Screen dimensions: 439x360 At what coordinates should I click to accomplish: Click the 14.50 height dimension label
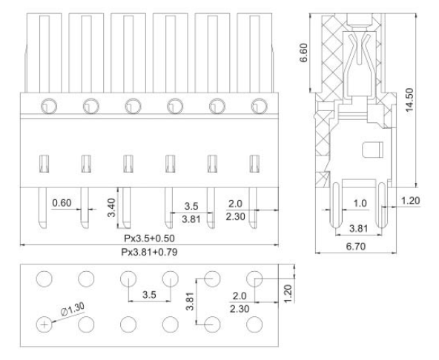[409, 100]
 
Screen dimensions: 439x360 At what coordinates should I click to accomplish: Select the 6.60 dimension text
[303, 53]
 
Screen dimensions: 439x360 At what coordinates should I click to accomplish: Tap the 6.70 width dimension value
[355, 247]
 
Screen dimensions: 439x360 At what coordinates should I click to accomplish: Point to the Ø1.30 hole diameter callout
[73, 309]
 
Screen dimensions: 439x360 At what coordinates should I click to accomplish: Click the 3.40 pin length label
[112, 207]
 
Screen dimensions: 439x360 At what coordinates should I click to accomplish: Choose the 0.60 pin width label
[62, 203]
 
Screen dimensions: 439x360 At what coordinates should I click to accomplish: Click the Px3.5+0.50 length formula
[149, 239]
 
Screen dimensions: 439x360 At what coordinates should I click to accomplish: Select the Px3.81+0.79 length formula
[149, 252]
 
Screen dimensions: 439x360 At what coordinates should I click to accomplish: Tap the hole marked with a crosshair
[44, 324]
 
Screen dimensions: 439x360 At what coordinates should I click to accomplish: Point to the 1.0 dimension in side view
[360, 203]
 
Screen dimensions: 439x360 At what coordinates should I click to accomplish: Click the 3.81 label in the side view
[359, 229]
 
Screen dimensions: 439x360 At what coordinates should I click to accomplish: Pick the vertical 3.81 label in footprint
[190, 301]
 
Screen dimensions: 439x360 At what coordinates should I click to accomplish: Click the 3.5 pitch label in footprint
[149, 295]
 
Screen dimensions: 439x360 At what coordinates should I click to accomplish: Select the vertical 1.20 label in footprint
[288, 293]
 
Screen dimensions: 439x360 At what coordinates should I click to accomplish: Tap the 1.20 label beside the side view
[411, 201]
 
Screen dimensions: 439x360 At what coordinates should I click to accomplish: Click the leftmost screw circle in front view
[49, 106]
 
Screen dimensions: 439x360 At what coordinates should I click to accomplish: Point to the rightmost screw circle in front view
[259, 106]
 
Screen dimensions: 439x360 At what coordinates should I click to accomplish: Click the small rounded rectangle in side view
[372, 150]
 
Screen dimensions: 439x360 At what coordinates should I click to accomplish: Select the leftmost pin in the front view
[42, 208]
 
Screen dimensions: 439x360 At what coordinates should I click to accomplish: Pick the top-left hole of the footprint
[44, 279]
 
